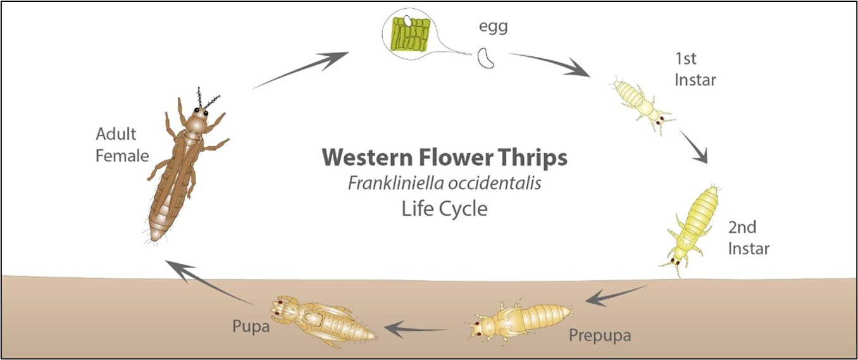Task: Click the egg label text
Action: pyautogui.click(x=494, y=27)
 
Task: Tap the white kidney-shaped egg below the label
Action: pyautogui.click(x=485, y=58)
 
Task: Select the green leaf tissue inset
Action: pyautogui.click(x=410, y=34)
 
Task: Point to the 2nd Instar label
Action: pyautogui.click(x=749, y=238)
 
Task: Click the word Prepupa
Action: pyautogui.click(x=600, y=335)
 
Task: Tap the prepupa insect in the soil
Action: pyautogui.click(x=519, y=321)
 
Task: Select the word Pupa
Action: pyautogui.click(x=251, y=326)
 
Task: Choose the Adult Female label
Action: pyautogui.click(x=122, y=145)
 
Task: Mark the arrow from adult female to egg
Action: pyautogui.click(x=300, y=70)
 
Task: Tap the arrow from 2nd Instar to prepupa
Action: pyautogui.click(x=616, y=295)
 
